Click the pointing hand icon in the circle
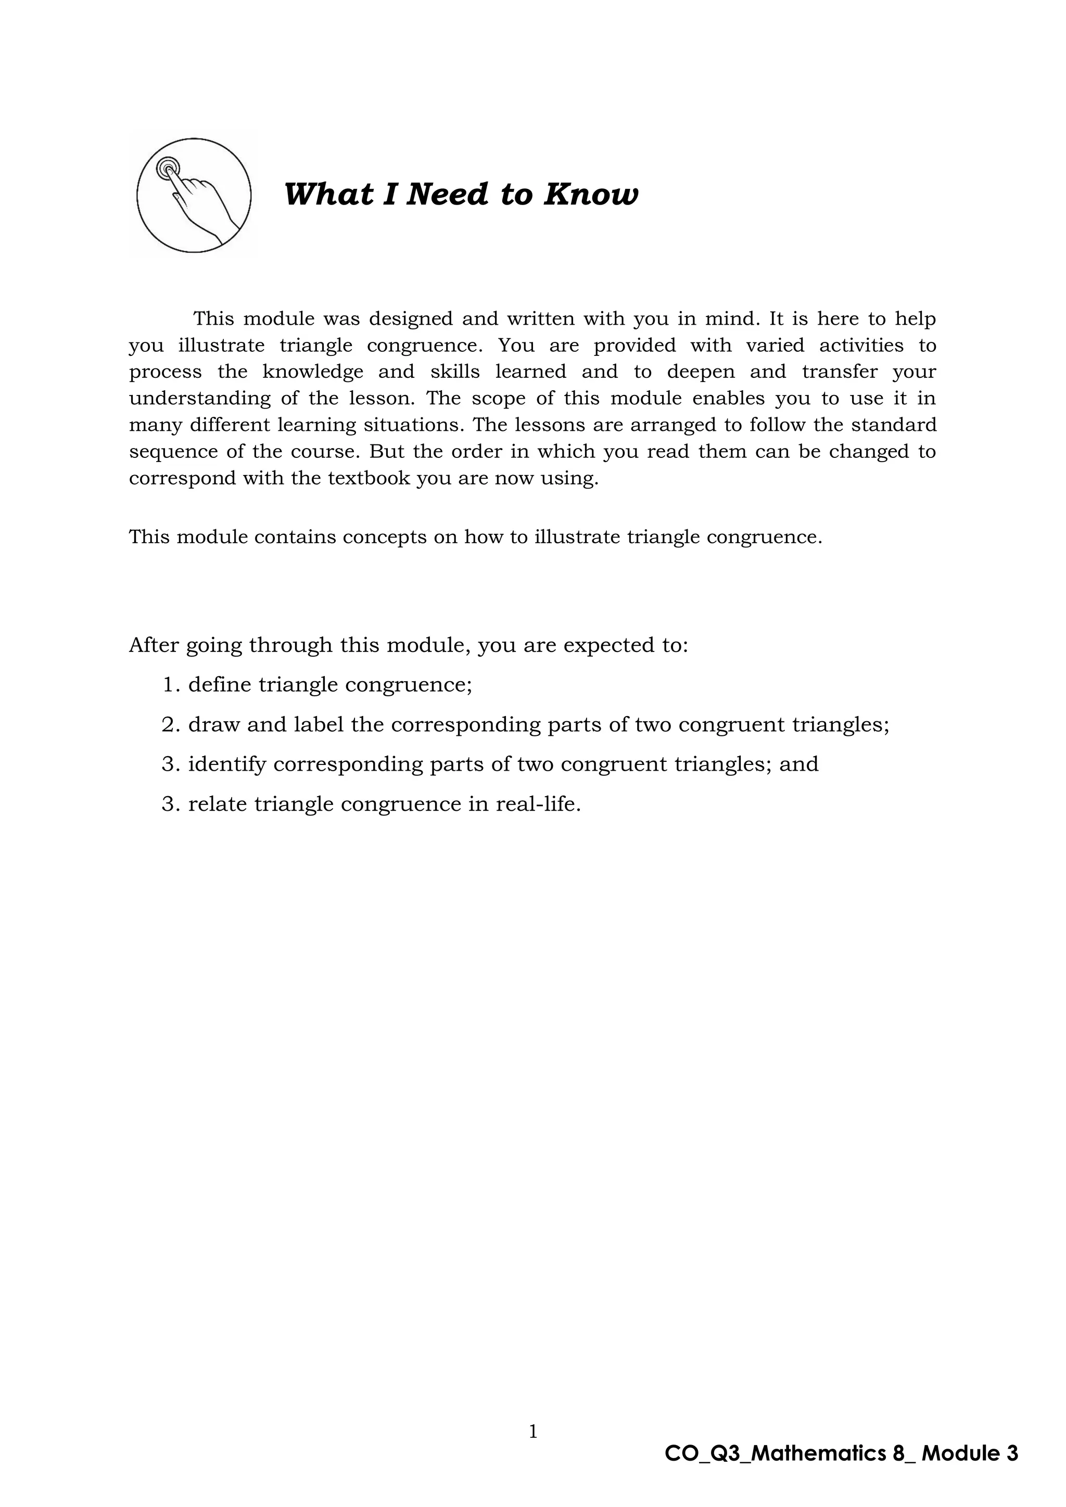194,195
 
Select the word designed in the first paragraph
410,319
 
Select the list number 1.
169,685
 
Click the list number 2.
169,725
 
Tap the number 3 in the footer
1011,1454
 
